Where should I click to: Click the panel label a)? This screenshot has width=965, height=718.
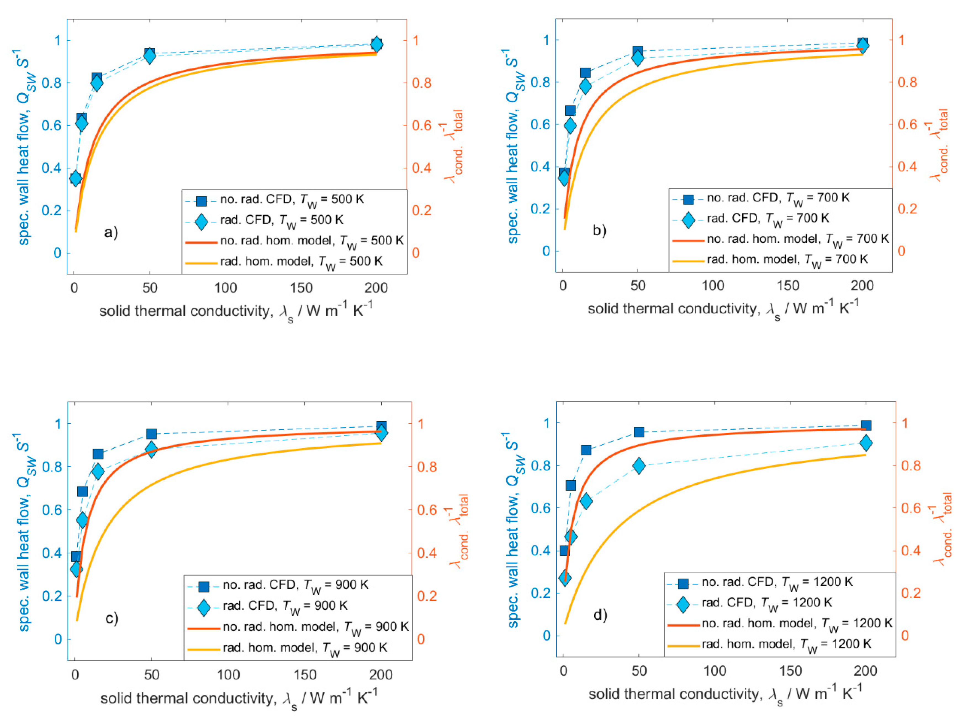coord(111,233)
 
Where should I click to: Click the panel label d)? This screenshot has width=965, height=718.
coord(600,615)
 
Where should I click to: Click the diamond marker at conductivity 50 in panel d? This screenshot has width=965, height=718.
coord(639,466)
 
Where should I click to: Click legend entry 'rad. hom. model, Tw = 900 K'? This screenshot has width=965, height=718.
coord(305,648)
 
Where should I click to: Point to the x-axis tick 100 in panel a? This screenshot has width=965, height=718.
coord(226,288)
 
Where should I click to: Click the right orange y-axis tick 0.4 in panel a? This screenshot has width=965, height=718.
coord(421,168)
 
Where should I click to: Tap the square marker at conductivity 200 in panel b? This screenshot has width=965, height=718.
coord(863,43)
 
